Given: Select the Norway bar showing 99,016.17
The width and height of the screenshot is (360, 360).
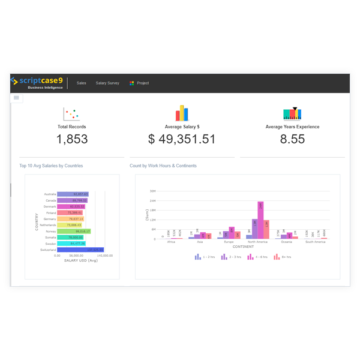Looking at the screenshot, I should click(x=74, y=231).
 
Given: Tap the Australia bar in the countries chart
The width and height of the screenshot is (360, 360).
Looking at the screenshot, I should click(x=73, y=194).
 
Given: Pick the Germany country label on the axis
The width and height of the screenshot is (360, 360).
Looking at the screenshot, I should click(x=50, y=219).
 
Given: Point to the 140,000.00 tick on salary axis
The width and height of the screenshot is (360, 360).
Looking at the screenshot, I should click(x=104, y=255).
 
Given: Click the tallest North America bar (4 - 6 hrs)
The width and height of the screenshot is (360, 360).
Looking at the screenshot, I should click(x=260, y=220).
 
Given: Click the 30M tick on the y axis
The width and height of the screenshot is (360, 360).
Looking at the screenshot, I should click(x=153, y=191).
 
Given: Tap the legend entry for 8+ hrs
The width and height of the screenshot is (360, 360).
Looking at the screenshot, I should click(x=283, y=257).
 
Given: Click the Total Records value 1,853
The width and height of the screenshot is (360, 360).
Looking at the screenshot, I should click(x=72, y=139).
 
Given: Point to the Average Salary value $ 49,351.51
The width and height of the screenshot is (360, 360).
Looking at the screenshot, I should click(x=181, y=139).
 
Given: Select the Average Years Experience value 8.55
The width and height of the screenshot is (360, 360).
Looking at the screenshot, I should click(x=292, y=139).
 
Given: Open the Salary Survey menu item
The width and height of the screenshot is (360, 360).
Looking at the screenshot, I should click(x=107, y=83).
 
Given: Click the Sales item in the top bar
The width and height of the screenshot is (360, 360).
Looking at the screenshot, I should click(x=81, y=83).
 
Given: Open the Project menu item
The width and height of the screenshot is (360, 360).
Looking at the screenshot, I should click(x=139, y=83).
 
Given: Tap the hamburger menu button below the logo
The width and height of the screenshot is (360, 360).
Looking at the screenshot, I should click(x=16, y=97).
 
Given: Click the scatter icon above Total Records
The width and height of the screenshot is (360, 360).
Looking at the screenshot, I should click(x=71, y=114).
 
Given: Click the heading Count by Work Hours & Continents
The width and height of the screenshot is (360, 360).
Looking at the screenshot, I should click(x=163, y=166).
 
